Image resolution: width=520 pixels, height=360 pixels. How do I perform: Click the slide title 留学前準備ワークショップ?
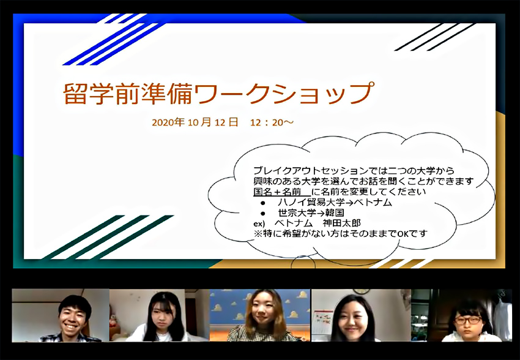(219, 93)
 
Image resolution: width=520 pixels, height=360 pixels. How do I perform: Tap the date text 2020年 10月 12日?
(195, 122)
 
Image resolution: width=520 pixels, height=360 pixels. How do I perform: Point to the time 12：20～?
(272, 122)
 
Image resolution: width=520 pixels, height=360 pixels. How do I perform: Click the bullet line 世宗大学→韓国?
(311, 212)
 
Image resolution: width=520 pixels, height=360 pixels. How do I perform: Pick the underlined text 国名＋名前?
(277, 192)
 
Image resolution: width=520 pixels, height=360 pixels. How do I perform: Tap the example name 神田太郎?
(341, 223)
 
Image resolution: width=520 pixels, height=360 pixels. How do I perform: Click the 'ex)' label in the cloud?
(259, 223)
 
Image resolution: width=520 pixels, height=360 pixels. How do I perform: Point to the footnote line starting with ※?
(341, 234)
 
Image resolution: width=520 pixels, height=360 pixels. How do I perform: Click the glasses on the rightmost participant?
(468, 320)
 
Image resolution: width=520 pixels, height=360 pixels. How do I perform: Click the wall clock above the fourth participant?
(361, 291)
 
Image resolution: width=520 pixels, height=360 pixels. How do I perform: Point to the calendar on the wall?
(322, 321)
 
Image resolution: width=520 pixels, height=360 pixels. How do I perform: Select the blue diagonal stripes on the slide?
(113, 40)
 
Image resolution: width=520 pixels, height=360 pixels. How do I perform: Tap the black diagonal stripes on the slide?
(434, 37)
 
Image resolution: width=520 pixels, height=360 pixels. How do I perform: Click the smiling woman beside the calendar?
(353, 318)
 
